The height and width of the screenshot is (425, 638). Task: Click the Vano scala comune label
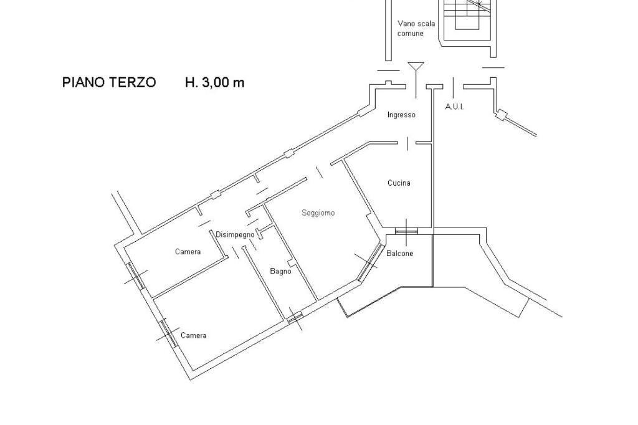click(416, 29)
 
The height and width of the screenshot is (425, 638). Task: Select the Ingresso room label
click(401, 115)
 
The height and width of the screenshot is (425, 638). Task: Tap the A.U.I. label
click(454, 107)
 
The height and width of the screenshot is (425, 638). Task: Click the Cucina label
click(399, 183)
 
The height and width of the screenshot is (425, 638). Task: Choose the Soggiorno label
click(318, 213)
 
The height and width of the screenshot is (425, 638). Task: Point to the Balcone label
click(399, 254)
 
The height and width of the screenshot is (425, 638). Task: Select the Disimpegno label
click(235, 234)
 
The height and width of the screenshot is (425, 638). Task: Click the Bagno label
click(280, 271)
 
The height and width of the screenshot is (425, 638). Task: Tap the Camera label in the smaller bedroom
click(188, 252)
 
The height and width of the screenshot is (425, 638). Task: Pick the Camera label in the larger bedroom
click(193, 335)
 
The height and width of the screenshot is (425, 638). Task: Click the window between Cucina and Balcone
click(406, 231)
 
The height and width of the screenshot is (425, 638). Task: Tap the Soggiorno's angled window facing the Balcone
click(372, 260)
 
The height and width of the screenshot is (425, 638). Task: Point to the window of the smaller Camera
click(136, 277)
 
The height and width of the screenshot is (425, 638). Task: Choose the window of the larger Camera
click(167, 333)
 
